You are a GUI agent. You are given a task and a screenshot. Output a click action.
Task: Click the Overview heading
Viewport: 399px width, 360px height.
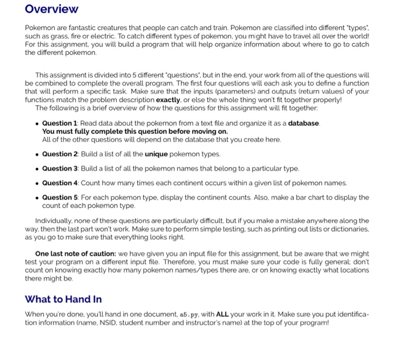[x=51, y=9]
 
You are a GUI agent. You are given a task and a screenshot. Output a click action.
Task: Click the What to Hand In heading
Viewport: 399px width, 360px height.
[x=63, y=299]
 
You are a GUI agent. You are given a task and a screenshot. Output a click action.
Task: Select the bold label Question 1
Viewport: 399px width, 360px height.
[x=59, y=124]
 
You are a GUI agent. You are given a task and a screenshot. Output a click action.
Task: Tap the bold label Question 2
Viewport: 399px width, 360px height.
[x=59, y=154]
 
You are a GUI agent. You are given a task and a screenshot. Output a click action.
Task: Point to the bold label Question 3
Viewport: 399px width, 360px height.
[x=59, y=169]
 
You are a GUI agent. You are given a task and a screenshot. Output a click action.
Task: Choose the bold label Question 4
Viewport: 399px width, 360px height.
[x=59, y=183]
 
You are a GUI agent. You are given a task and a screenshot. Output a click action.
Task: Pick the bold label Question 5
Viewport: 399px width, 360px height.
[x=59, y=198]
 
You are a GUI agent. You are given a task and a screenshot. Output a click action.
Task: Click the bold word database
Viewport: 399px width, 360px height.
[x=304, y=124]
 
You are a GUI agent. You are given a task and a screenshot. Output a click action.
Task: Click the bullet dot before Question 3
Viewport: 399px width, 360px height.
[x=36, y=169]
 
